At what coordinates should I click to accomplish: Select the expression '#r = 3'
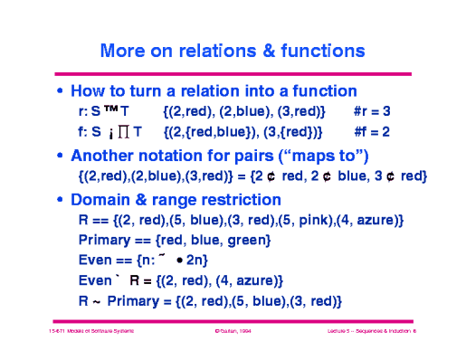click(372, 111)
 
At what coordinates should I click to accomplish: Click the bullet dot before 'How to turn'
click(60, 92)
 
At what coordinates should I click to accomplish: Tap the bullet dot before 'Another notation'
click(60, 155)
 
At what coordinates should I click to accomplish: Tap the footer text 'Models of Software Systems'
click(101, 333)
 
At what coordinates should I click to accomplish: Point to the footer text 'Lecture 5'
click(345, 333)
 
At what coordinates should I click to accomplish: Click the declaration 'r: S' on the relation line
click(89, 111)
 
